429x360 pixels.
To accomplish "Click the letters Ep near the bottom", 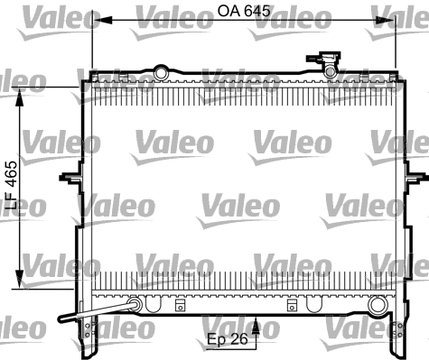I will (x=215, y=340).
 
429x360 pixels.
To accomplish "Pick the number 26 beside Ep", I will (x=239, y=340).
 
